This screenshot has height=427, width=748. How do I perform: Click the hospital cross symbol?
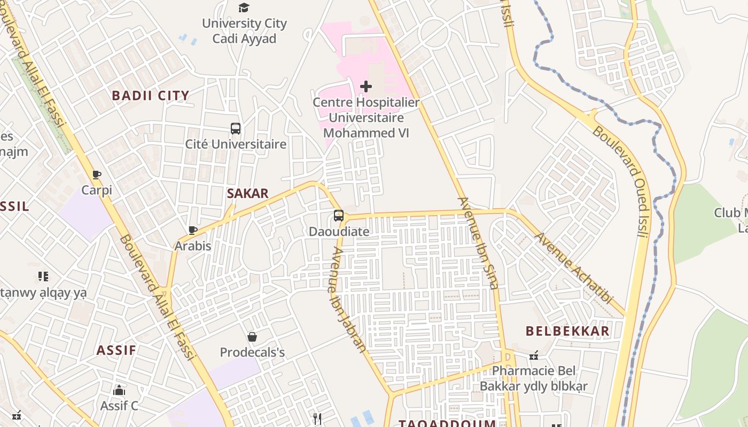(x=366, y=86)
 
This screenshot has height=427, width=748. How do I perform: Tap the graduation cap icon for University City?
(x=244, y=7)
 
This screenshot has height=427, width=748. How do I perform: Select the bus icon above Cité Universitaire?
(x=236, y=129)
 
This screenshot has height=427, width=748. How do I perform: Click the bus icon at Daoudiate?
(x=339, y=216)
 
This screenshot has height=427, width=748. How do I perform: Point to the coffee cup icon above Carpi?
(x=97, y=175)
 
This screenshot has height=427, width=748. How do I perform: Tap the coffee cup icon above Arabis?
(x=193, y=231)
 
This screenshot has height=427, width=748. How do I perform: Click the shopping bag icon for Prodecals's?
(x=252, y=337)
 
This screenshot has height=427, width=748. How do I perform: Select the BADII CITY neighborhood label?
(x=150, y=96)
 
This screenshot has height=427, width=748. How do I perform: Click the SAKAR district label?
(x=247, y=194)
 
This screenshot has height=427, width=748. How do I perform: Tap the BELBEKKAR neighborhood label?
(x=567, y=331)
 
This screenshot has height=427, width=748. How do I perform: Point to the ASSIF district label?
(x=116, y=351)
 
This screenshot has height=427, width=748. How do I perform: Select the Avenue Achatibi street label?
(x=574, y=268)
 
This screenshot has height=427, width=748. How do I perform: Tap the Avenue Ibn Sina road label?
(x=478, y=243)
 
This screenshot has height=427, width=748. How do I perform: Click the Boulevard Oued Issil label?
(x=624, y=181)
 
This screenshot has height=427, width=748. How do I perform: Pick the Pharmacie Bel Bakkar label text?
(x=533, y=378)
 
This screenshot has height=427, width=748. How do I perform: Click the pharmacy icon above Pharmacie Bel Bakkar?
(x=533, y=355)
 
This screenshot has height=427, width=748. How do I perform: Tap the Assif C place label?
(x=119, y=406)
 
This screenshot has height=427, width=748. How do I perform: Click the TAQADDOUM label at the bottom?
(x=447, y=423)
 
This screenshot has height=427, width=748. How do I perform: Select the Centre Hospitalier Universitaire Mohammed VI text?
(x=366, y=117)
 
